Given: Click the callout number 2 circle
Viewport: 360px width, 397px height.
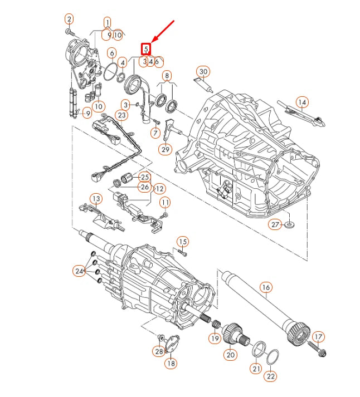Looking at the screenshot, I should [x=69, y=19].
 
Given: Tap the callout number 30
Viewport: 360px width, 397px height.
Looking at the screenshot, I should [x=203, y=71].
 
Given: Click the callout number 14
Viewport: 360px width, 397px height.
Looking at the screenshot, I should [x=301, y=102].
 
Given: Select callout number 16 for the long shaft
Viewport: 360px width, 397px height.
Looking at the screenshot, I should [x=265, y=287].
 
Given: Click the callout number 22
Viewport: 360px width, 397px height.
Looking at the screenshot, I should [x=270, y=376].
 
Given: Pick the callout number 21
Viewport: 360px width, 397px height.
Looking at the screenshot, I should [x=256, y=368].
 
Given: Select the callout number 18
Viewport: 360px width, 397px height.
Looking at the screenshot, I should [x=171, y=363].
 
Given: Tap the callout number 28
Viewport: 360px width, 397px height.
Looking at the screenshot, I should [x=159, y=351].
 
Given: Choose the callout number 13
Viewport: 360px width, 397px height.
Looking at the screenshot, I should [x=96, y=198].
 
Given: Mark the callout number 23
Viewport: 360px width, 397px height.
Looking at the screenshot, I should [x=122, y=115].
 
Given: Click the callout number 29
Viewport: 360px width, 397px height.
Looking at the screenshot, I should [x=166, y=149].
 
